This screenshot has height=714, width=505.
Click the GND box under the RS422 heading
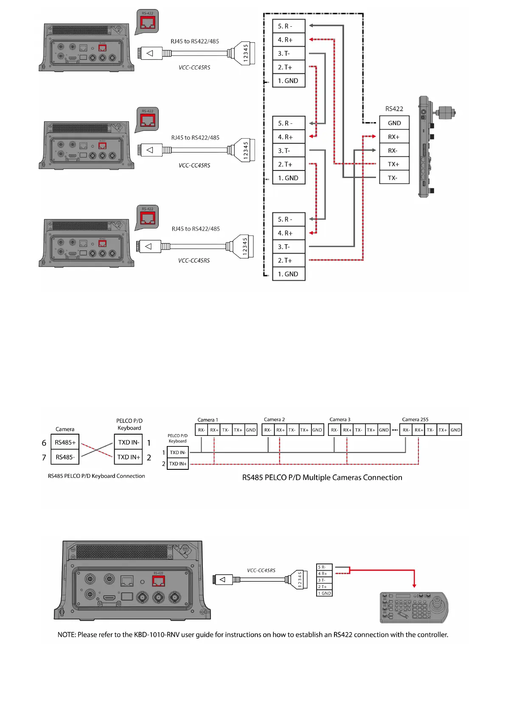(x=394, y=123)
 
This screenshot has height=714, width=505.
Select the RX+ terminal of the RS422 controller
(x=394, y=137)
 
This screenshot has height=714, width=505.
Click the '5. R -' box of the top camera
(x=289, y=26)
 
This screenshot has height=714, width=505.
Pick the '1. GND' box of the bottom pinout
(x=289, y=274)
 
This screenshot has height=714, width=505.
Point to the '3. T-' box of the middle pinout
(x=289, y=151)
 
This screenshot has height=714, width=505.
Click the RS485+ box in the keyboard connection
(x=65, y=442)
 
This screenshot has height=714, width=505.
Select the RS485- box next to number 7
(x=65, y=457)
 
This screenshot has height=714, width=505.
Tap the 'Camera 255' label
(x=415, y=420)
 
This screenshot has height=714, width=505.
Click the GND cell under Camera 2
(x=317, y=430)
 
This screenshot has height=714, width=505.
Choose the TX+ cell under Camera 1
(x=238, y=430)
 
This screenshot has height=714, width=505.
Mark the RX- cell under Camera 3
(x=334, y=430)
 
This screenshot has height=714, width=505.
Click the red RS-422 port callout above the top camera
(x=148, y=22)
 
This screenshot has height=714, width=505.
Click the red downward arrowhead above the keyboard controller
(x=414, y=586)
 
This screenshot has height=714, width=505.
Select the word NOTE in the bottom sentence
(x=66, y=635)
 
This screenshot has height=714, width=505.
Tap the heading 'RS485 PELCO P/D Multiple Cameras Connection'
(x=322, y=477)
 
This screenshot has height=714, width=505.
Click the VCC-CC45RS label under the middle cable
(x=194, y=165)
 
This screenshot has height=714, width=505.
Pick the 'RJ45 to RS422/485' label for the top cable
(x=195, y=42)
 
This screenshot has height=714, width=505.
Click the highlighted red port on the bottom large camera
(x=158, y=581)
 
